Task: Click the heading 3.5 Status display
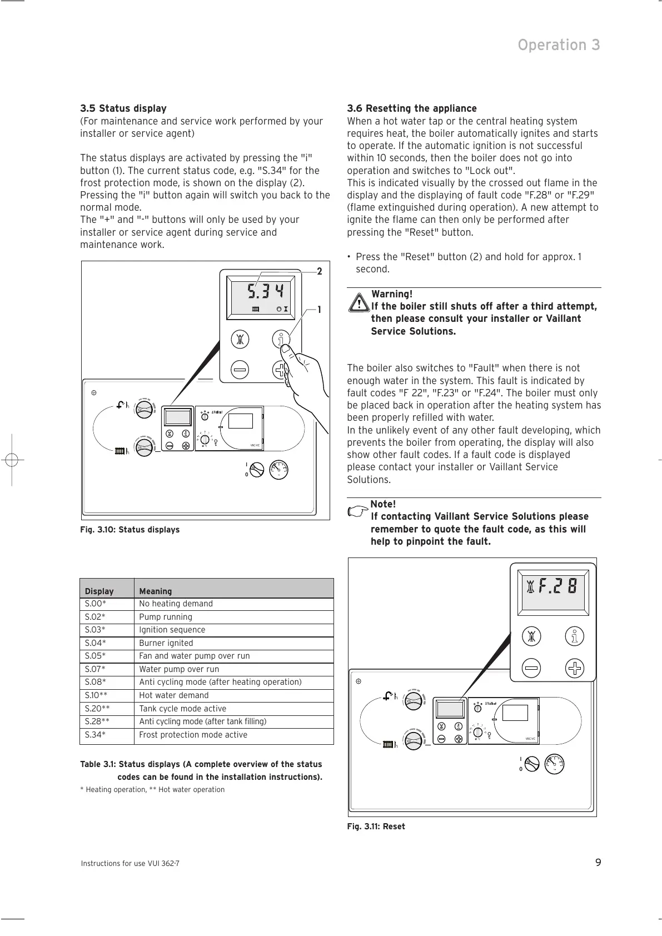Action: (x=123, y=108)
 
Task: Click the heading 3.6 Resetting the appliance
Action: (x=412, y=108)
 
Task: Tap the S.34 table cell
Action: (x=95, y=735)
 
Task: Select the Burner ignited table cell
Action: (x=166, y=643)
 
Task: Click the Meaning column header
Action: (x=156, y=591)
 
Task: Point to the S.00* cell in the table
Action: (x=95, y=604)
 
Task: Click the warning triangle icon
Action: (x=359, y=303)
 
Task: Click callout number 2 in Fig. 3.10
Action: (x=320, y=272)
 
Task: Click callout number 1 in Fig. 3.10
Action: (x=320, y=310)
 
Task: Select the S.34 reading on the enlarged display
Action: (x=265, y=291)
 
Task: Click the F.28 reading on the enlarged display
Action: (x=558, y=586)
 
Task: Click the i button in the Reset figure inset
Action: (x=575, y=637)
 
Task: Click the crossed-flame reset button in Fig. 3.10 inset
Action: (x=240, y=339)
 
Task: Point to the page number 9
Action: (x=598, y=863)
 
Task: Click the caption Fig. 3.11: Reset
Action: (x=376, y=827)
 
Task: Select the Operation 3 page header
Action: (x=559, y=45)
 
